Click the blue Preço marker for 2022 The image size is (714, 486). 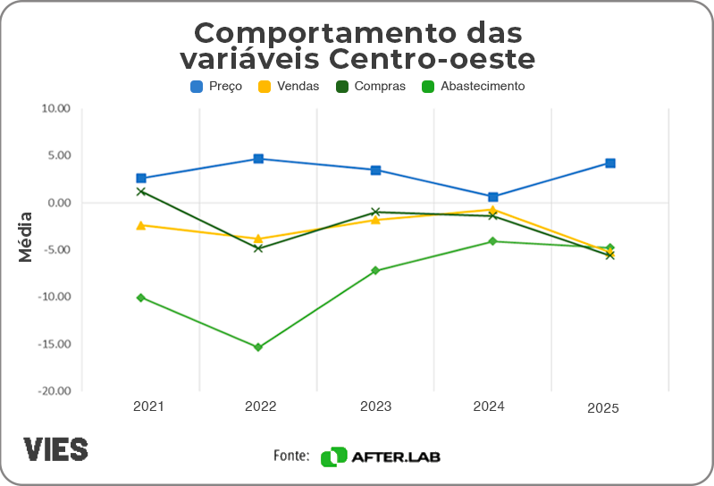[x=258, y=159]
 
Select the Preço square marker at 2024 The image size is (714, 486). [x=493, y=197]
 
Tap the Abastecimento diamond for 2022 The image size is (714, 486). [x=258, y=348]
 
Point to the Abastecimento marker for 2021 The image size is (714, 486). [x=141, y=297]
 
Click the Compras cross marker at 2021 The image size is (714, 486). [x=141, y=191]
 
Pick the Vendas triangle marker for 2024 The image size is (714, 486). [x=493, y=210]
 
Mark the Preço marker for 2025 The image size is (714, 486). [x=610, y=163]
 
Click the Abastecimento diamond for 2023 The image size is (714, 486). [x=375, y=271]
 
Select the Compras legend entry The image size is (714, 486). [x=370, y=87]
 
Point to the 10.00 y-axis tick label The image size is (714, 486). [x=55, y=109]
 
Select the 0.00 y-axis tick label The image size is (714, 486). [x=58, y=203]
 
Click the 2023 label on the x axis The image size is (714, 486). [x=375, y=406]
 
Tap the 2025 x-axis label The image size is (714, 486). [x=603, y=408]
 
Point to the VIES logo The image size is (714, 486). [x=55, y=449]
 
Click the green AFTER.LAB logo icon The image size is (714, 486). [x=333, y=457]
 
